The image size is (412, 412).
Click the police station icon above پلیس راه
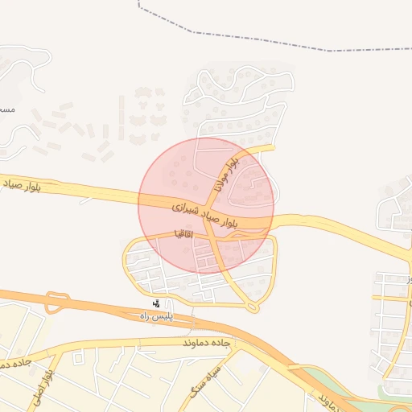[157, 304]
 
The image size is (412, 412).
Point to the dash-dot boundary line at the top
[241, 36]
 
